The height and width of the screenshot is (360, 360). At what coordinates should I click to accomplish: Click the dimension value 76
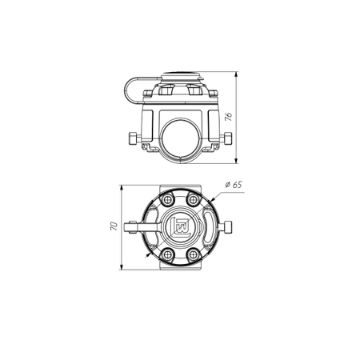229,117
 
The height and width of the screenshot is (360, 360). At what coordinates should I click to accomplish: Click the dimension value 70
114,226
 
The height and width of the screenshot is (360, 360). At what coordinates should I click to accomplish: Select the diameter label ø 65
234,185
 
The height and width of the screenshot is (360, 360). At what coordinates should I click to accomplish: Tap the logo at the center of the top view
181,227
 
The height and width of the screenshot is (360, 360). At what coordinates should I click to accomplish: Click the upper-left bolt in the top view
168,200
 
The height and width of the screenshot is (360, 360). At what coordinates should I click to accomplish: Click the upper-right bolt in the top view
193,200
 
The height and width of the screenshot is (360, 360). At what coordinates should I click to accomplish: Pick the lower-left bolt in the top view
168,254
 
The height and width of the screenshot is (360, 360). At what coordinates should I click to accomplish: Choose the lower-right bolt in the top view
193,254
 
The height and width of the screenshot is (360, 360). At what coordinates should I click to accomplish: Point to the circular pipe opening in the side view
180,141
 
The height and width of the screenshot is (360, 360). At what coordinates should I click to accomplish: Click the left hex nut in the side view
133,138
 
